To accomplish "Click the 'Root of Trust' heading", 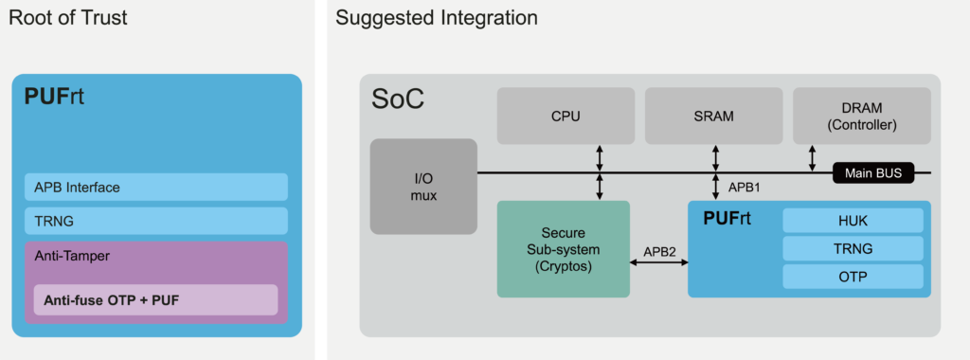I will point(68,18).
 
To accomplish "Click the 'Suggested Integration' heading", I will point(437,18).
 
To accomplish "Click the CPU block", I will point(566,117).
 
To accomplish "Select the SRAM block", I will point(713,117).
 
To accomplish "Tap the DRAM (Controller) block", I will point(861,117).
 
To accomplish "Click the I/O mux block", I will point(422,187).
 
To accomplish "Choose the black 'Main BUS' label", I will point(872,173).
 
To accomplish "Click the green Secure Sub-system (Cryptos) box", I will point(563,248).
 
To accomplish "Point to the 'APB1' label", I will point(744,188).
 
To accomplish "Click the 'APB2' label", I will point(659,252).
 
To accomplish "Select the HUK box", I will point(853,221).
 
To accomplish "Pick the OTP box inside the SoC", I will point(853,277).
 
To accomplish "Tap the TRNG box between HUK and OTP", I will point(853,249).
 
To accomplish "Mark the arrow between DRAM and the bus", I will point(812,158).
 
